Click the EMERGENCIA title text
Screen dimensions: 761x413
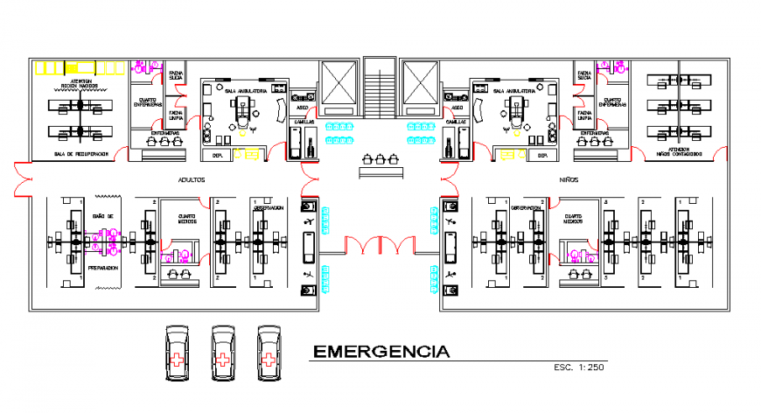[381, 353]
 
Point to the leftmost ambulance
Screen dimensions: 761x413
[178, 353]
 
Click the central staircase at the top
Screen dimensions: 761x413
[379, 87]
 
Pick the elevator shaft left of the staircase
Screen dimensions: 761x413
[339, 87]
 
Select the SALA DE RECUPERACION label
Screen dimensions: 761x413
[81, 154]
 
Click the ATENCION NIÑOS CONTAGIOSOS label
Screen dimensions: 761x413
[679, 151]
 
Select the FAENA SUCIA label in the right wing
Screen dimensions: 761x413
[583, 75]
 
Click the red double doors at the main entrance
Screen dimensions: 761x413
[379, 246]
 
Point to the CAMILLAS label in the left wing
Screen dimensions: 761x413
[303, 121]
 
